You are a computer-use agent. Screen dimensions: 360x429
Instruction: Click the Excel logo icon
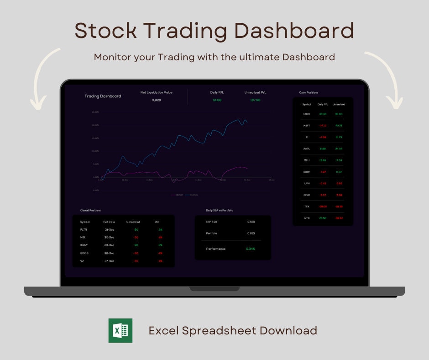[120, 331]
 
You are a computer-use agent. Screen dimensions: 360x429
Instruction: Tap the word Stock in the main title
[105, 31]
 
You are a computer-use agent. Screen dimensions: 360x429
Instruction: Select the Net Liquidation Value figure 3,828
[156, 100]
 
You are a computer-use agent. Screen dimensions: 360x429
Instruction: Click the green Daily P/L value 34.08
[217, 100]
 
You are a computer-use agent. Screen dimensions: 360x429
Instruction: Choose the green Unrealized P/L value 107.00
[255, 100]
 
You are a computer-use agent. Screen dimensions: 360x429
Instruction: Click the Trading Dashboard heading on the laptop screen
[103, 96]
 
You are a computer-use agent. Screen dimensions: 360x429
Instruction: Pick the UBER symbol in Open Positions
[307, 114]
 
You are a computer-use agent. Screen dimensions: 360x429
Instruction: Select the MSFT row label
[307, 126]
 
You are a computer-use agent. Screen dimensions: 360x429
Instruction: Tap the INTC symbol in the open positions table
[307, 218]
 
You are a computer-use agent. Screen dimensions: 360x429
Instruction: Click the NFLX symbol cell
[307, 195]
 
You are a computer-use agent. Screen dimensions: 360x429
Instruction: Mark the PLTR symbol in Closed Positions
[84, 230]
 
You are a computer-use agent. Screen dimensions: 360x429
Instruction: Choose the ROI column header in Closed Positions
[157, 222]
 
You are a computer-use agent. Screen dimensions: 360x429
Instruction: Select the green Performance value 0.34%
[251, 249]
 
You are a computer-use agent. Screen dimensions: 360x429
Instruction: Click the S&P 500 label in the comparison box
[212, 222]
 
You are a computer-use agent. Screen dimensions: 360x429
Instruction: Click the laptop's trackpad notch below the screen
[214, 289]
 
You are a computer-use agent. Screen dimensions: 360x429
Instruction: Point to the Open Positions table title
[309, 93]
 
